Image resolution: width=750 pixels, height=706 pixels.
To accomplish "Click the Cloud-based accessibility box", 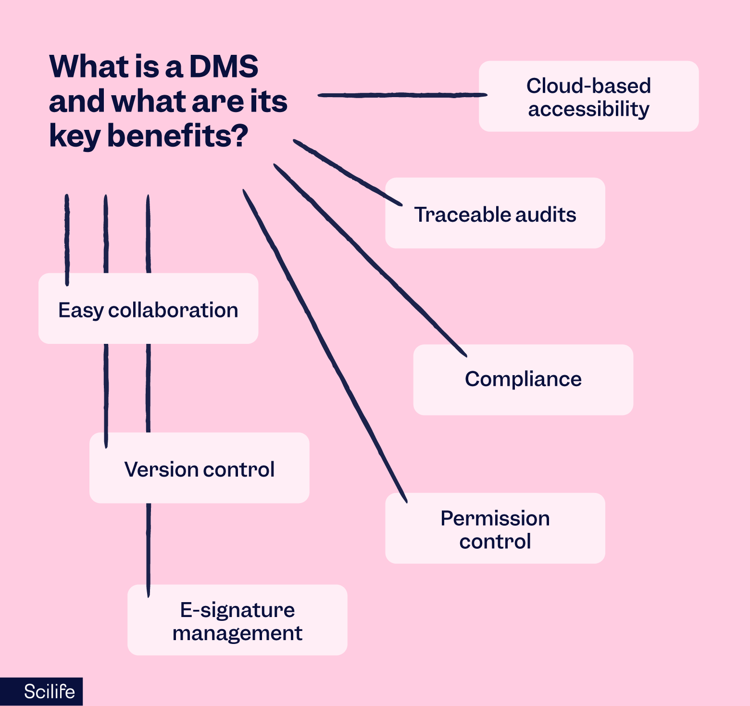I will (x=588, y=96).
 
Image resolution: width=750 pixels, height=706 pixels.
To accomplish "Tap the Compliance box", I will (x=523, y=379).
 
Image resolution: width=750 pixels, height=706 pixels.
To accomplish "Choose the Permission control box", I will (x=495, y=529).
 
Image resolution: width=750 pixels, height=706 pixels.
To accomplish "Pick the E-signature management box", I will (x=237, y=620).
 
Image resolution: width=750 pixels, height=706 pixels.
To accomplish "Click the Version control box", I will (x=199, y=468).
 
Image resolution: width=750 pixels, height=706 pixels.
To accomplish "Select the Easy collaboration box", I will (x=148, y=309).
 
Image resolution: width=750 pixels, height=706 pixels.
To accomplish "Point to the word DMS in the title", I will (x=224, y=66).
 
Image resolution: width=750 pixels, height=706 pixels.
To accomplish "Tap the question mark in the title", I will (x=239, y=135).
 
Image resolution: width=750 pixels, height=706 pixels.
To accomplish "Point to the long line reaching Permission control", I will (x=325, y=344).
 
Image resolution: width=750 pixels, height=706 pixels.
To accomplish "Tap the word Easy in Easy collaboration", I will (x=80, y=311).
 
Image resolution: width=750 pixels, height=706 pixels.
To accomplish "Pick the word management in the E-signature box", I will (x=237, y=633).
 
